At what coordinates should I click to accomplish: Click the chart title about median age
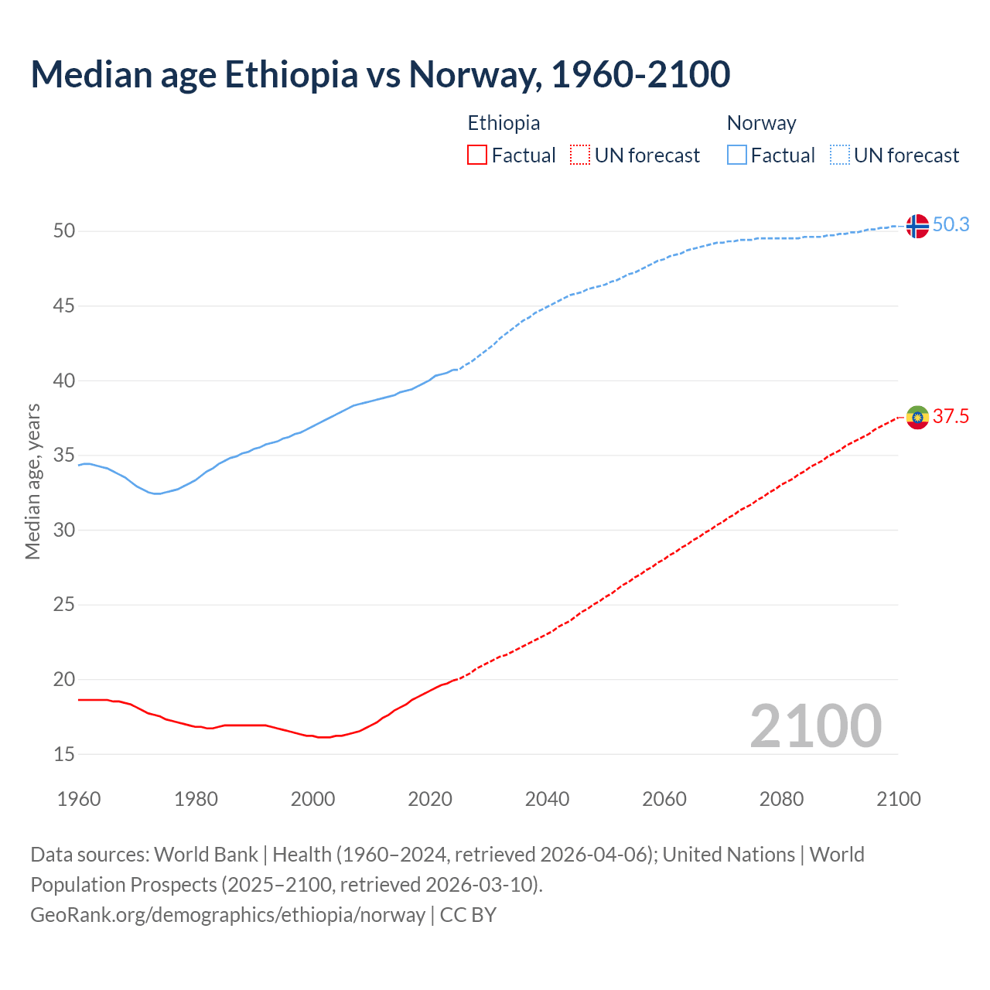380,74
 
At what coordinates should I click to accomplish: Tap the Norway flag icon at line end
917,226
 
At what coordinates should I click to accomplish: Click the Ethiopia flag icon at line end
917,418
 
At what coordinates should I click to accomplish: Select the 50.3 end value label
951,225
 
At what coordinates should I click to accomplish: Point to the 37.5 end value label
951,417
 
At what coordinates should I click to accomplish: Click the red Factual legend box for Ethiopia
477,155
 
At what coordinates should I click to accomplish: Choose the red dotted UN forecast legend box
580,155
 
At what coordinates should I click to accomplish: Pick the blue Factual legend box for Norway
736,155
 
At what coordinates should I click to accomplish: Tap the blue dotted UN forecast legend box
839,155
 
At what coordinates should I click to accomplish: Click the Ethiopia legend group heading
504,123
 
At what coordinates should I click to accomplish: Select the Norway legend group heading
761,123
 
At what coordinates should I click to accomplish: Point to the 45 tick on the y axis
64,306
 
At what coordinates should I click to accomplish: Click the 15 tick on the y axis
64,754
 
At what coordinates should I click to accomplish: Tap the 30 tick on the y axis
64,531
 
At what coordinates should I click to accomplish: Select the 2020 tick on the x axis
430,799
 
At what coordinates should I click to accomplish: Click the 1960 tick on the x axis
79,799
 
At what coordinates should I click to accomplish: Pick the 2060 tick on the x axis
664,799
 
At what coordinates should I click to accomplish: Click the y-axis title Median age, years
32,481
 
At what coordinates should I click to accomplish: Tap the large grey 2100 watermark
815,725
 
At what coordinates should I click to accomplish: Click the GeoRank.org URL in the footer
227,915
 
